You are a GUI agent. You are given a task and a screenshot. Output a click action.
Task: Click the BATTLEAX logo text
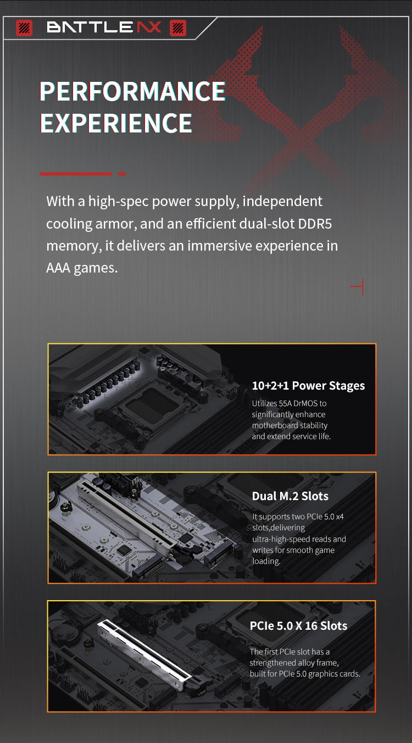pyautogui.click(x=104, y=27)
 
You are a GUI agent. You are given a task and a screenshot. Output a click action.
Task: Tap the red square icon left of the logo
pyautogui.click(x=24, y=28)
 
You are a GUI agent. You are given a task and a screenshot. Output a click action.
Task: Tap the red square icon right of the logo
pyautogui.click(x=178, y=28)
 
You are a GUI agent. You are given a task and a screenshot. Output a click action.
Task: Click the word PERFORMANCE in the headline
pyautogui.click(x=132, y=91)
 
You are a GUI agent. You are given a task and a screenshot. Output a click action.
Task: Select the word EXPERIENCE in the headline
pyautogui.click(x=116, y=123)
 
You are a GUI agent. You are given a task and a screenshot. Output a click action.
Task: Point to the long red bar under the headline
pyautogui.click(x=76, y=174)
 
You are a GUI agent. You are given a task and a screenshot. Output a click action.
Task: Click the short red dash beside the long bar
pyautogui.click(x=121, y=174)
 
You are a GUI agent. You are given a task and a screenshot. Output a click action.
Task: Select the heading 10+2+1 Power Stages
pyautogui.click(x=308, y=386)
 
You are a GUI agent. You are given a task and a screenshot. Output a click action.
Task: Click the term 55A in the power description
pyautogui.click(x=285, y=403)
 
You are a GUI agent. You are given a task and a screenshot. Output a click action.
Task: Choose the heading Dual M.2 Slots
pyautogui.click(x=290, y=496)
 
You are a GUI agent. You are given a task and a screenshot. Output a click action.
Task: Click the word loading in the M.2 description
pyautogui.click(x=266, y=561)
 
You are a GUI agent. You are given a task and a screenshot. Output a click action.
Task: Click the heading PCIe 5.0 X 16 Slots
pyautogui.click(x=298, y=626)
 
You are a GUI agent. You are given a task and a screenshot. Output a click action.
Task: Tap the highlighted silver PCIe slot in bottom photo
pyautogui.click(x=144, y=655)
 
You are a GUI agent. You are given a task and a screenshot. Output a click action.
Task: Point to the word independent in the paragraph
pyautogui.click(x=282, y=201)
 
